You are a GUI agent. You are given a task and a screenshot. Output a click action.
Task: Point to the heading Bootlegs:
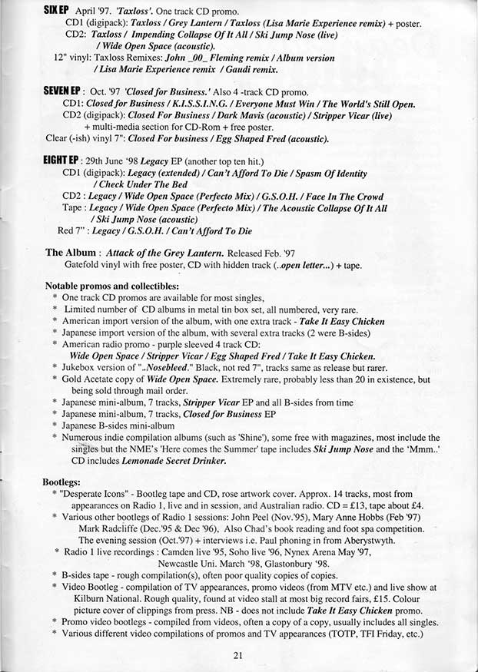(x=65, y=482)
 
